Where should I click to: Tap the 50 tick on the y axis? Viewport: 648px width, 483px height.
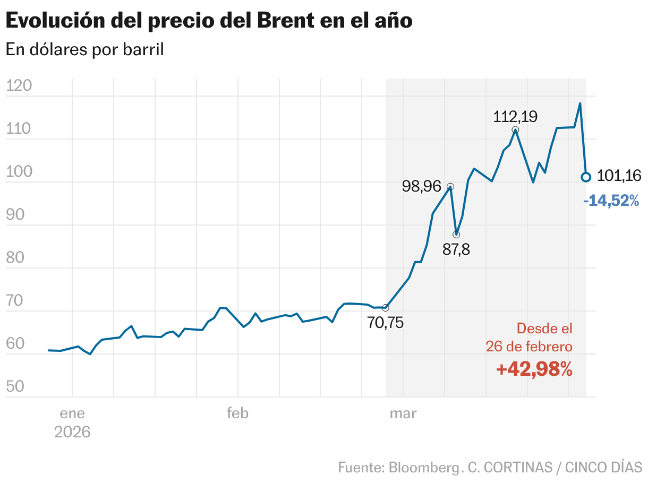[16, 386]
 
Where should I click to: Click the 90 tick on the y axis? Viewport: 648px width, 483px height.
[16, 215]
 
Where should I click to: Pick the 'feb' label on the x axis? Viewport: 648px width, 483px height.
[237, 413]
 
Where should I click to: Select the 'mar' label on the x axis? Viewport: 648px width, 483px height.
[403, 413]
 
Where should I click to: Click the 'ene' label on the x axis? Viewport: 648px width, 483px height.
[72, 413]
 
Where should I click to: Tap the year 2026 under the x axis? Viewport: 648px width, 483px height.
[72, 432]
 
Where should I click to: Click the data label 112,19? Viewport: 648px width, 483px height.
[515, 116]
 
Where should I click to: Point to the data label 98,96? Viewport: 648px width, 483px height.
[422, 186]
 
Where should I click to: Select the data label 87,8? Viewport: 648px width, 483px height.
[456, 249]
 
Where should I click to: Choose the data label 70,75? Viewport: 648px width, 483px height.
[385, 322]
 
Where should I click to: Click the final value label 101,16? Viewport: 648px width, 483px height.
[619, 176]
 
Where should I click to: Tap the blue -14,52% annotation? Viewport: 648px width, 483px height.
[611, 201]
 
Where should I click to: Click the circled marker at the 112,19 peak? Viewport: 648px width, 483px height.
[515, 130]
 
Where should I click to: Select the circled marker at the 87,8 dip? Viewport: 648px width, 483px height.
[456, 235]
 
